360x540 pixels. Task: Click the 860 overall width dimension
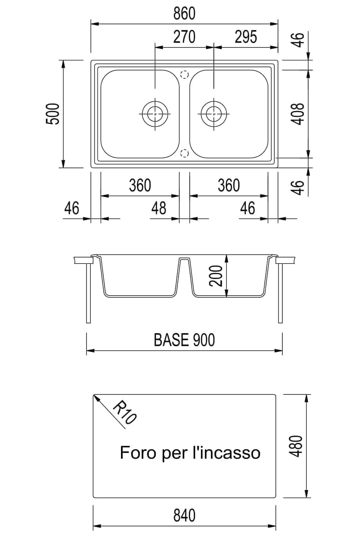(184, 14)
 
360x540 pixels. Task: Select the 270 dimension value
(184, 37)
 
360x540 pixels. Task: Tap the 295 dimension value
(246, 37)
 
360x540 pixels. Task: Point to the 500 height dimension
(53, 114)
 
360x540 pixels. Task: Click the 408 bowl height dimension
(298, 114)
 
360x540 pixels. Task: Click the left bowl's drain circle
(155, 114)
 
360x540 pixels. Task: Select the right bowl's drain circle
(214, 114)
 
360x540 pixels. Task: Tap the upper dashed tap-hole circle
(184, 75)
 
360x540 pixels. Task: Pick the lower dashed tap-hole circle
(184, 153)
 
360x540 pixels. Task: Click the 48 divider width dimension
(159, 208)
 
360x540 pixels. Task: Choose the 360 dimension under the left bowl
(140, 185)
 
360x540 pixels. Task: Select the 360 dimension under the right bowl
(229, 185)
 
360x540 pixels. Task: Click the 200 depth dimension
(216, 276)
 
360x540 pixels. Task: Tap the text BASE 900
(184, 340)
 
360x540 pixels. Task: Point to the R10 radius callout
(125, 412)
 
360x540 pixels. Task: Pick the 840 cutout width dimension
(184, 516)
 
